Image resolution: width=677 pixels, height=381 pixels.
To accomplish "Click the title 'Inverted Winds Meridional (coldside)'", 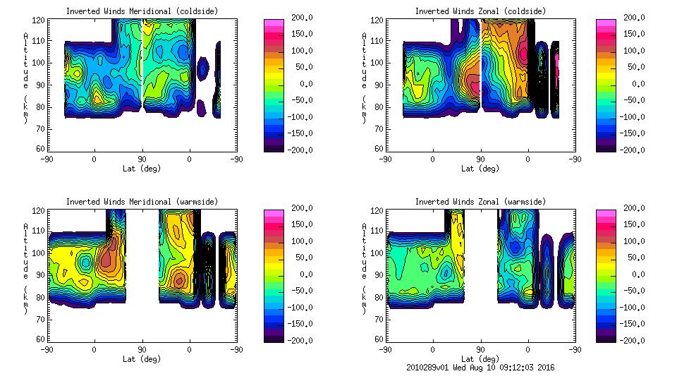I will point(142,11).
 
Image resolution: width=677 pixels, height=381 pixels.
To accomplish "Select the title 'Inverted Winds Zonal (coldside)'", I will point(480,11).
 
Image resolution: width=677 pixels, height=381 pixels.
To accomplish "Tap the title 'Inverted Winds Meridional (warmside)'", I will point(142,202).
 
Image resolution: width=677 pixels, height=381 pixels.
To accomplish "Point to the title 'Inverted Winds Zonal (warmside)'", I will point(480,202).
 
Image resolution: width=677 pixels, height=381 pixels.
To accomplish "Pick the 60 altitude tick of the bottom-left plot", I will point(40,339).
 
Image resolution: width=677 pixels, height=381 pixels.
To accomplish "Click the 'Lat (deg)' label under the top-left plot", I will point(142,169).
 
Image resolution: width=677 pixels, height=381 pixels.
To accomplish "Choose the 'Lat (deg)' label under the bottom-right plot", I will point(480,359).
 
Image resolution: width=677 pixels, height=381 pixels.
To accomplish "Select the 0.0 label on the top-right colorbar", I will point(633,84).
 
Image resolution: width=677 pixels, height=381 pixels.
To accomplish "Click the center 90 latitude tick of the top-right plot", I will point(480,159).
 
